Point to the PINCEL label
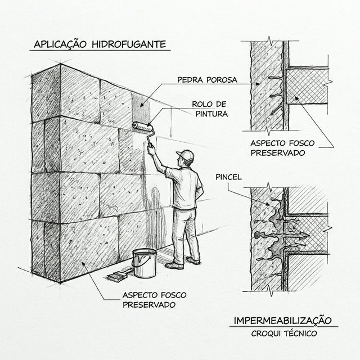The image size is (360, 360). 228,177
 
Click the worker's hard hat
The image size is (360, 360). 185,154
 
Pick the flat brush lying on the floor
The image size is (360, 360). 118,276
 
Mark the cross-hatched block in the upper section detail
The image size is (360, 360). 307,87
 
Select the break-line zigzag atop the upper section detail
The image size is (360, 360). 271,40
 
